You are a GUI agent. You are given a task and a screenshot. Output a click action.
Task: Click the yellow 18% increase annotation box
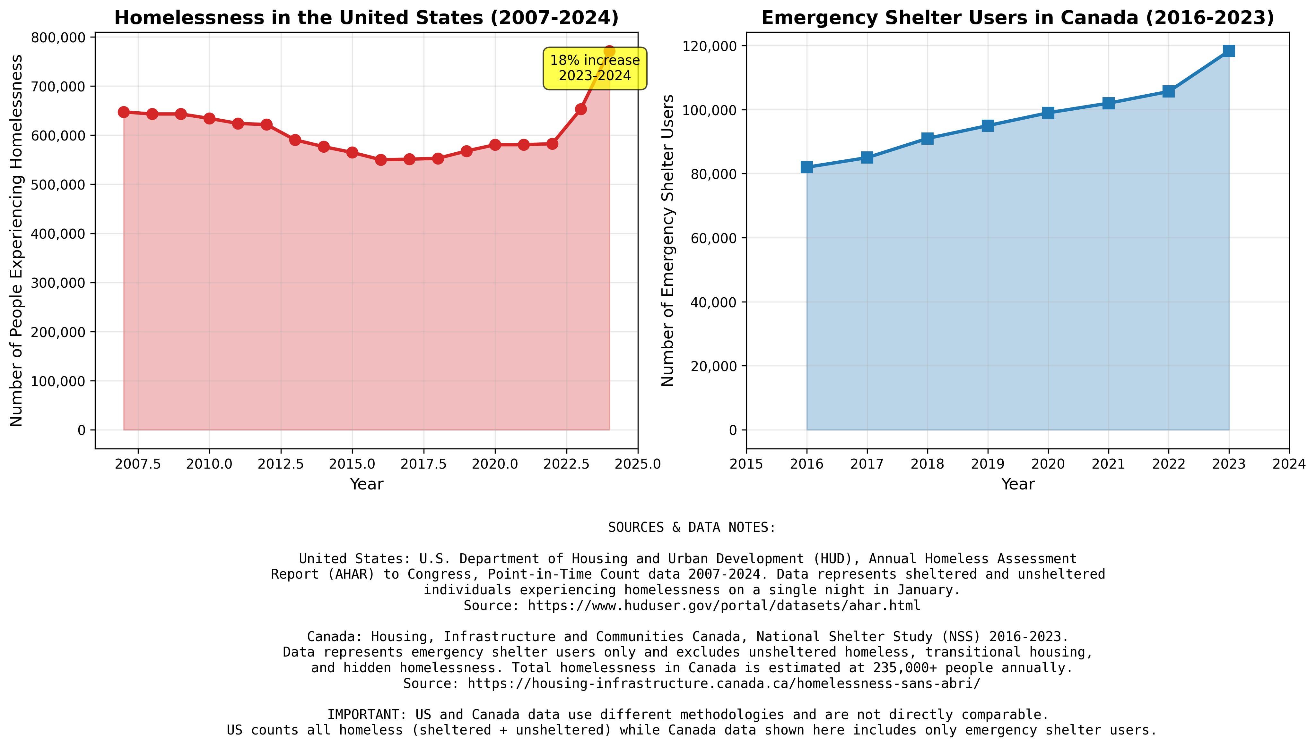[595, 68]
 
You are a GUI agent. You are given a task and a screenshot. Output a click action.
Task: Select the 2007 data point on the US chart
[124, 112]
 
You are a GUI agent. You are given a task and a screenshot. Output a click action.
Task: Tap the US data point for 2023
[581, 109]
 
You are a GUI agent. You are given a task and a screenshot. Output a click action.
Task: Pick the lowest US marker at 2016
[380, 159]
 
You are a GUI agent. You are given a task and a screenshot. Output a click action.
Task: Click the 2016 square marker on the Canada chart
[806, 167]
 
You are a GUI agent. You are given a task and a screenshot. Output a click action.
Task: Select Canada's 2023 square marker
[1229, 51]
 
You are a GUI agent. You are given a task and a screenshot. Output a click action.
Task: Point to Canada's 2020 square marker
[1048, 113]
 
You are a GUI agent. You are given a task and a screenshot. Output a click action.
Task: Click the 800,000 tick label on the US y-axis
[58, 38]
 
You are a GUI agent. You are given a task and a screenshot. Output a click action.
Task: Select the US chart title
[366, 18]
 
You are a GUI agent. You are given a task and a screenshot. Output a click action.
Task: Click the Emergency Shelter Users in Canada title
[1017, 18]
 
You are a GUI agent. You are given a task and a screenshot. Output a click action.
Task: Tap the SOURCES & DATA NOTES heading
[692, 527]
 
